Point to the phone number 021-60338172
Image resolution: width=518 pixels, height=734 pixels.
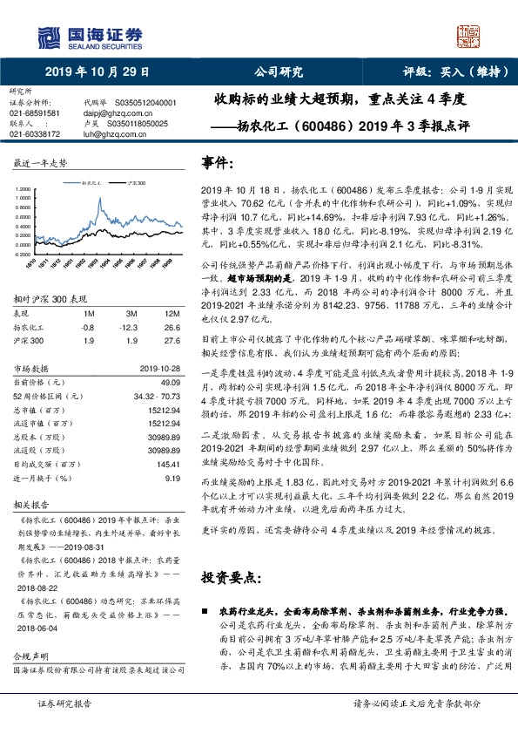(35, 133)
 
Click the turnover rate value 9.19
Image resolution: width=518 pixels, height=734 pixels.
(172, 479)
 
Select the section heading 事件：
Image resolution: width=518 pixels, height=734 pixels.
(218, 162)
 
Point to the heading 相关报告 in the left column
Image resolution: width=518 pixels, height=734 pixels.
(30, 505)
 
